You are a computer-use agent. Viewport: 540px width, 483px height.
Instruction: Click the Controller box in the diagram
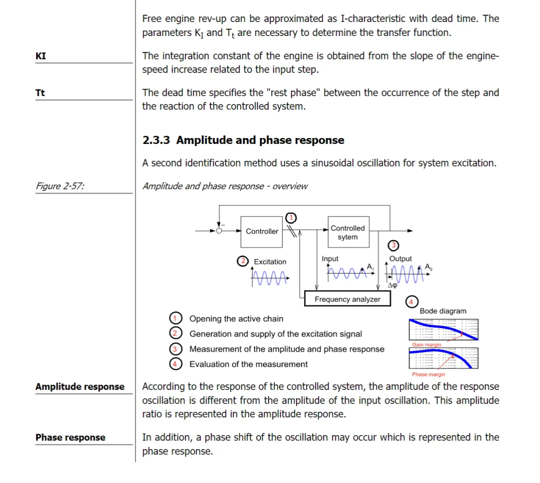tap(261, 231)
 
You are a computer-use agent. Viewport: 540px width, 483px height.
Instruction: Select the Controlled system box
tap(348, 232)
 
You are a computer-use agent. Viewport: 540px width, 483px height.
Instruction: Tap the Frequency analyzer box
tap(347, 298)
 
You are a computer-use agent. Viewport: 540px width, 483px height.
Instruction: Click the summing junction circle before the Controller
tap(219, 231)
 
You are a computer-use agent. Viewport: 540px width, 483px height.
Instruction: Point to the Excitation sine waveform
tap(270, 277)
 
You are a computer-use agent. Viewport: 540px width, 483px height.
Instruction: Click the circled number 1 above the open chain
tap(291, 217)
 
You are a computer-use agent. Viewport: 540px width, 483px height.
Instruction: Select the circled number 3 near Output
tap(393, 245)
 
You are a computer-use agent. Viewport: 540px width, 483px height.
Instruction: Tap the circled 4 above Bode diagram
tap(411, 302)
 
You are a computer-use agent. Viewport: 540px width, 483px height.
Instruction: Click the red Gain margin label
tap(426, 344)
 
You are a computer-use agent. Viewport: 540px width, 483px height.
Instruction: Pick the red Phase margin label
tap(428, 374)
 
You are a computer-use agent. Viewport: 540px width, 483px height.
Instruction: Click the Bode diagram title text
tap(443, 311)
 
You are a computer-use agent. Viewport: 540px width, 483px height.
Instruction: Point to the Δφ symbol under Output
tap(392, 285)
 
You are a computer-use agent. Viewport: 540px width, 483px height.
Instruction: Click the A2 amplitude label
tap(428, 267)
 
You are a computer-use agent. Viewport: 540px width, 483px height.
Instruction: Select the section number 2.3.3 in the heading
tap(156, 140)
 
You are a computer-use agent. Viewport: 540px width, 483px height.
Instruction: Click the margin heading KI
tap(40, 56)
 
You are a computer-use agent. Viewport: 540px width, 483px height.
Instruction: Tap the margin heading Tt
tap(40, 92)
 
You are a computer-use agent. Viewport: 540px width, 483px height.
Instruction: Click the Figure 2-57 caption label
tap(60, 186)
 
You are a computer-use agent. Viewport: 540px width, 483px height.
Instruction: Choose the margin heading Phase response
tap(70, 437)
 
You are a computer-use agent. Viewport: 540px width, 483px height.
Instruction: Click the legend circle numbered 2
tap(175, 333)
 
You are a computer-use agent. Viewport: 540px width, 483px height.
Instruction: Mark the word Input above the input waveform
tap(330, 258)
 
